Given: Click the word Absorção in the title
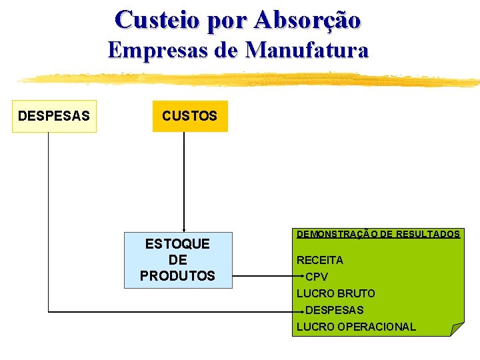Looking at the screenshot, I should click(x=307, y=19).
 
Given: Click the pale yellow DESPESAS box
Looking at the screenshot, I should click(x=54, y=116).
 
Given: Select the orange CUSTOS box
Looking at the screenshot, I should click(x=190, y=116).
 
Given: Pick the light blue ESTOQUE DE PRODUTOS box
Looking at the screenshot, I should click(x=178, y=260).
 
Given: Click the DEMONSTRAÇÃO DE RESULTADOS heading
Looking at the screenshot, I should click(x=378, y=235).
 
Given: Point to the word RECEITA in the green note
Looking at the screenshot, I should click(x=320, y=260).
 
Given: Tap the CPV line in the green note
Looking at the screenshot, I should click(x=317, y=277).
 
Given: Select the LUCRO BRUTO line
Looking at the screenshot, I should click(x=336, y=293).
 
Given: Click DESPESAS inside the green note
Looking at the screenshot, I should click(x=335, y=310).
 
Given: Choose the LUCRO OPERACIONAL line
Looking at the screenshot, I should click(x=356, y=327).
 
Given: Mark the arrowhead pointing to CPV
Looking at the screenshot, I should click(x=303, y=277).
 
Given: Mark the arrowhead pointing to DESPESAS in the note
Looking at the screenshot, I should click(x=303, y=311).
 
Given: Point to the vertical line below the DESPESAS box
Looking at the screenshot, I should click(x=49, y=220).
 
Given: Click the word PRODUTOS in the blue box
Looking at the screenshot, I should click(x=178, y=276).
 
